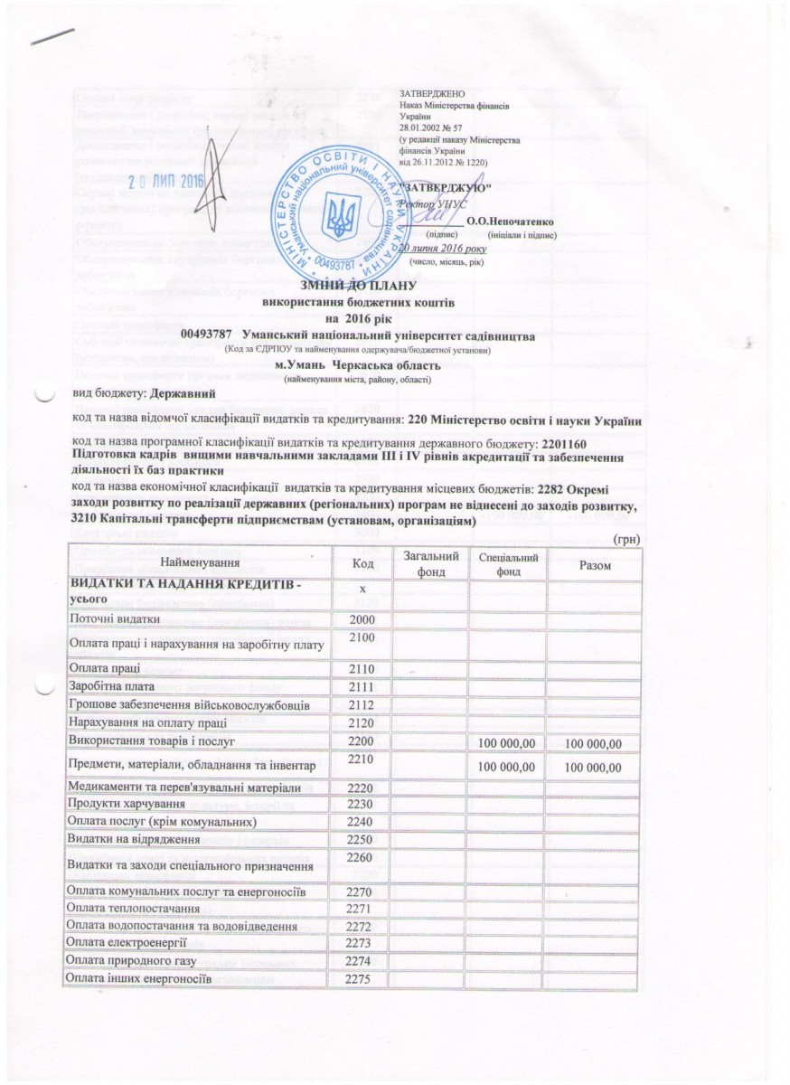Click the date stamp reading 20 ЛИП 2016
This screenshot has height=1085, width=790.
coord(167,181)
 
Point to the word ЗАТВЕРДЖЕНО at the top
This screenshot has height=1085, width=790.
coord(431,94)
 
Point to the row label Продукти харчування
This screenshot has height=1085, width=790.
coord(127,803)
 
